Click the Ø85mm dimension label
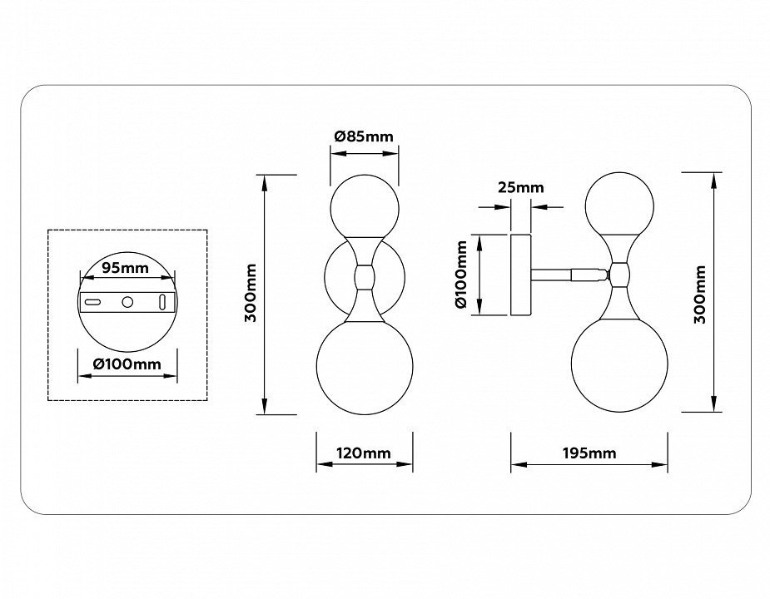coord(364,136)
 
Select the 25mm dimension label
coord(520,187)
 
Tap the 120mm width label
coord(364,453)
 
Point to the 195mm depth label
coord(589,453)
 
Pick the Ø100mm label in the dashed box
coord(127,364)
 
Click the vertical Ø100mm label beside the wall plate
coord(463,275)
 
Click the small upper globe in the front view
coord(365,207)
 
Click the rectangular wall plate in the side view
coord(521,275)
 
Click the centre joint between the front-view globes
coord(365,277)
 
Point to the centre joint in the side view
coord(619,272)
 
